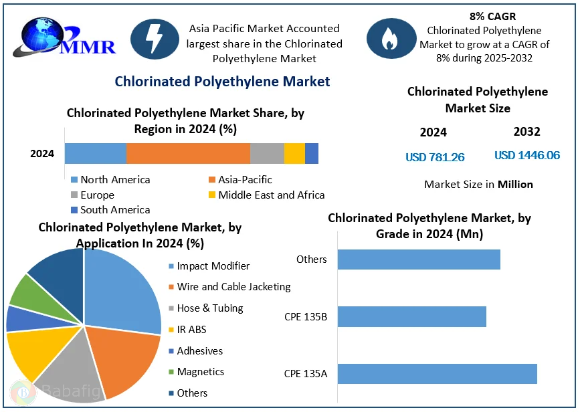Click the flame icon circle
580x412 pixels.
point(389,39)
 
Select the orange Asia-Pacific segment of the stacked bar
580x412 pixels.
point(188,153)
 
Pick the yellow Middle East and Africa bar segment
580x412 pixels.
point(294,153)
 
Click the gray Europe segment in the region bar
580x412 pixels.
point(267,153)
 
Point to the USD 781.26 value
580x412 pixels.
point(435,157)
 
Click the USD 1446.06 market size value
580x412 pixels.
point(527,155)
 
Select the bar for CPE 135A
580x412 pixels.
point(437,373)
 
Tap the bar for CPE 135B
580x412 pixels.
point(411,316)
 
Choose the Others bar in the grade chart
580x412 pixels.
point(419,260)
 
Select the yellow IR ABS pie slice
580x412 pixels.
point(30,354)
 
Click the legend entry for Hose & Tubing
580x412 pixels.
point(209,308)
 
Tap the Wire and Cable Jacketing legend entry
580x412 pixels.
point(233,287)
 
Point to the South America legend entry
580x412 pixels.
point(114,210)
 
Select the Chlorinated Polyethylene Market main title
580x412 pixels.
point(222,82)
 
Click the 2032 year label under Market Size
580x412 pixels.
point(526,132)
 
